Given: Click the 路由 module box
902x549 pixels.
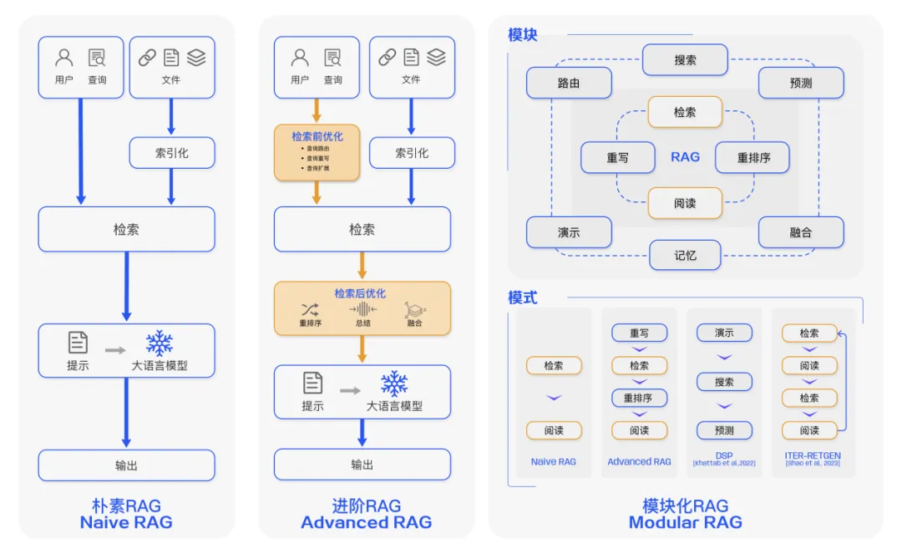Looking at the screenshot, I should tap(569, 84).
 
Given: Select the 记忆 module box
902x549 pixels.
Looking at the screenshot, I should tap(685, 255).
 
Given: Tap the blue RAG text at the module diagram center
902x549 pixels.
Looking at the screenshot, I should tap(685, 157).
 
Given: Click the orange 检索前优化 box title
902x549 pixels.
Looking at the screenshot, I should tap(317, 136).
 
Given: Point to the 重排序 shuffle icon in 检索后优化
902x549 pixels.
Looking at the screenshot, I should tap(310, 309).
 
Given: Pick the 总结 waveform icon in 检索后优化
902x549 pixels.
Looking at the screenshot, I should tap(362, 309).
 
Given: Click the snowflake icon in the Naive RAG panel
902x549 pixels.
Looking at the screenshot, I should tap(159, 343).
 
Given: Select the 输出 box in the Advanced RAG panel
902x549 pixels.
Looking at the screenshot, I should tap(362, 465).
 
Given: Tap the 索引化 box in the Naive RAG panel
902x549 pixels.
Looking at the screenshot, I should tap(171, 153).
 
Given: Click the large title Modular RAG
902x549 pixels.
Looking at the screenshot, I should tap(685, 522).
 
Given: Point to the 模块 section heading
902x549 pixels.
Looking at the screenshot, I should tap(523, 35).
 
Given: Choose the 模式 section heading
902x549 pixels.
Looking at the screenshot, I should tap(523, 297).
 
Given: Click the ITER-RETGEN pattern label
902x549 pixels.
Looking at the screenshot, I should tap(812, 456).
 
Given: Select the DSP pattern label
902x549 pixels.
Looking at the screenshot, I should tap(723, 455).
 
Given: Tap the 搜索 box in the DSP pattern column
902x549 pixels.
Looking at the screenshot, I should tap(724, 382).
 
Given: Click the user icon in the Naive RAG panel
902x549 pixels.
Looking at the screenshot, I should tap(64, 58).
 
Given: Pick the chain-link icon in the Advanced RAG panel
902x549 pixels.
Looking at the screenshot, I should tap(387, 57).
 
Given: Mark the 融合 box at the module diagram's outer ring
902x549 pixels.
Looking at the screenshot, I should tap(800, 232).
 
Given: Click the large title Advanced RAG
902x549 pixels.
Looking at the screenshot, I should tap(366, 522).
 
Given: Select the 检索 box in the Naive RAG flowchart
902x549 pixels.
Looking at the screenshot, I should tap(126, 229).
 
